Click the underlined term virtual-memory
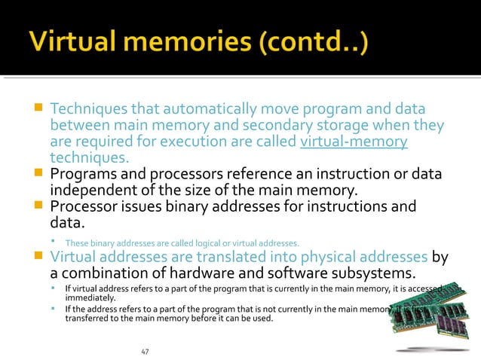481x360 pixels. (x=354, y=141)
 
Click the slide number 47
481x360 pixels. (x=146, y=352)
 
